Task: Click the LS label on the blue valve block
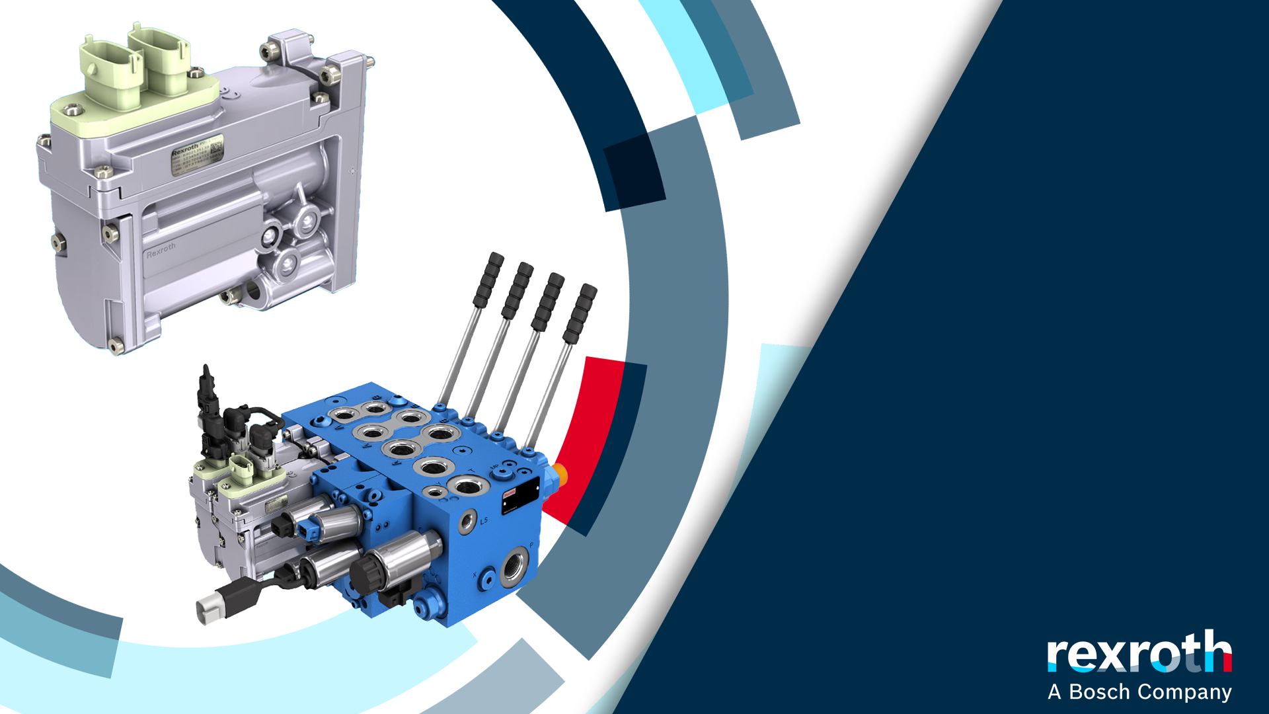[x=484, y=521]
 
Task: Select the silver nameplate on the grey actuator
[x=197, y=155]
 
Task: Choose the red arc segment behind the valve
[x=585, y=436]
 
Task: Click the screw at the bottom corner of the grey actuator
[x=116, y=345]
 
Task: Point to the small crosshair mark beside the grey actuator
[x=352, y=171]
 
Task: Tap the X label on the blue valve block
[x=475, y=575]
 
